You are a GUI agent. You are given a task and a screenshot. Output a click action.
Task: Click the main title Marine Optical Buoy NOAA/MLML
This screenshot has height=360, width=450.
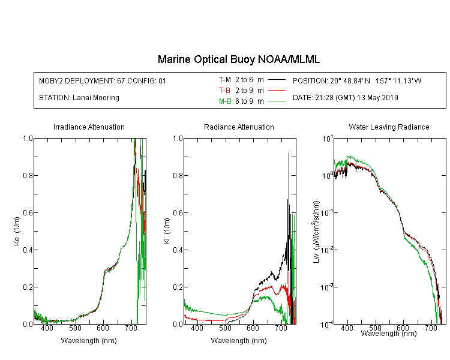[x=238, y=59]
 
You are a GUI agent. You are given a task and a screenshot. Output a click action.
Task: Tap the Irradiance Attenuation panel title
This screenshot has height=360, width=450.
[x=89, y=127]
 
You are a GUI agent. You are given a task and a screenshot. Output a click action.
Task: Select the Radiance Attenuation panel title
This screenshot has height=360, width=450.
[x=239, y=127]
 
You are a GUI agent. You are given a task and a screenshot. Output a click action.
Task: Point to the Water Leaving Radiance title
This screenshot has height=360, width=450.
[x=389, y=127]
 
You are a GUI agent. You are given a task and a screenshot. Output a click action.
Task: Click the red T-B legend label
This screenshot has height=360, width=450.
[x=225, y=91]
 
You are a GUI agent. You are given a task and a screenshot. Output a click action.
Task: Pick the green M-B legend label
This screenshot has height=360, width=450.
[x=225, y=101]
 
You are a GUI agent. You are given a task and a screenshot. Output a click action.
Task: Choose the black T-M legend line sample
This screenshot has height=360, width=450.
[x=277, y=80]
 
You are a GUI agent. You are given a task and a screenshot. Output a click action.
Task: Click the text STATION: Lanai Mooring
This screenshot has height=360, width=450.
[x=79, y=98]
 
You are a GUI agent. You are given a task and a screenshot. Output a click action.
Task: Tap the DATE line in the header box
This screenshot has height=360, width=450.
[x=345, y=98]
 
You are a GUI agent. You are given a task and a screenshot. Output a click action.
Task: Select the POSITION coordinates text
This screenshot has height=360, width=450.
[x=357, y=80]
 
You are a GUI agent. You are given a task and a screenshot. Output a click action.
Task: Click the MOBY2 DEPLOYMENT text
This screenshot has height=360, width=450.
[x=103, y=80]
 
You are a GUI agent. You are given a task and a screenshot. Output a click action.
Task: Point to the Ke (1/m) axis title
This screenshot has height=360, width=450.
[x=17, y=231]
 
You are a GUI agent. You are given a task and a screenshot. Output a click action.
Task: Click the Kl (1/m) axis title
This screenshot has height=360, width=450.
[x=167, y=231]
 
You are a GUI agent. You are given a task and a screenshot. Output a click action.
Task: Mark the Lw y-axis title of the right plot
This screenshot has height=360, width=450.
[x=316, y=232]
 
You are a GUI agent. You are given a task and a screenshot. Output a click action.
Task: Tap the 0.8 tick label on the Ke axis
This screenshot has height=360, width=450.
[x=28, y=175]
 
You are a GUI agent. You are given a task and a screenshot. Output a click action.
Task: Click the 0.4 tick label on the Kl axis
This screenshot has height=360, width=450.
[x=178, y=250]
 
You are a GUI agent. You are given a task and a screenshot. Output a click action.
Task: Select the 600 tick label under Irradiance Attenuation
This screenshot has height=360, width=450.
[x=103, y=328]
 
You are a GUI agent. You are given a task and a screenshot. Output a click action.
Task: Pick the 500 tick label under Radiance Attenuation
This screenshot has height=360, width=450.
[x=225, y=328]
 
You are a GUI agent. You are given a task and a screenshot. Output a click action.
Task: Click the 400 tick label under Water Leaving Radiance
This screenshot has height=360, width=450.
[x=347, y=328]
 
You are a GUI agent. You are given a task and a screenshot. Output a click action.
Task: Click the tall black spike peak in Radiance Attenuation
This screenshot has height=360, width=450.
[x=289, y=154]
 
